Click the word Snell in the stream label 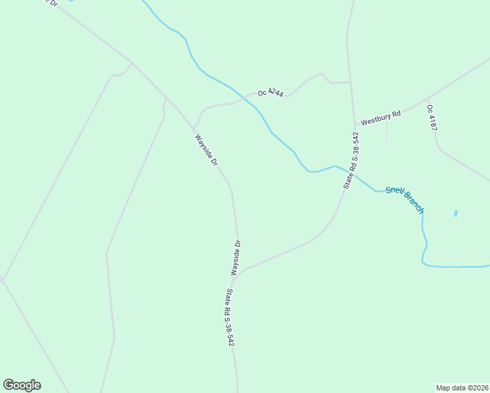point(395,191)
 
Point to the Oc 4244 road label point(271,93)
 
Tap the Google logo point(22,385)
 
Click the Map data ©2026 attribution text point(462,387)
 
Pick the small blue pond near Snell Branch point(455,214)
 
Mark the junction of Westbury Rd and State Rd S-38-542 point(354,124)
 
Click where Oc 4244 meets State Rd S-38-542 point(350,83)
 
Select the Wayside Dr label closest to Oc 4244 point(206,150)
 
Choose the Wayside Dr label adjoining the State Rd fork point(236,257)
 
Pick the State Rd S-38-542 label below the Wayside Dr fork point(230,318)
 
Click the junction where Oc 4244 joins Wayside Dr point(194,128)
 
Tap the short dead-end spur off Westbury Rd point(386,131)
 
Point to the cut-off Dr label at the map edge point(49,3)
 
